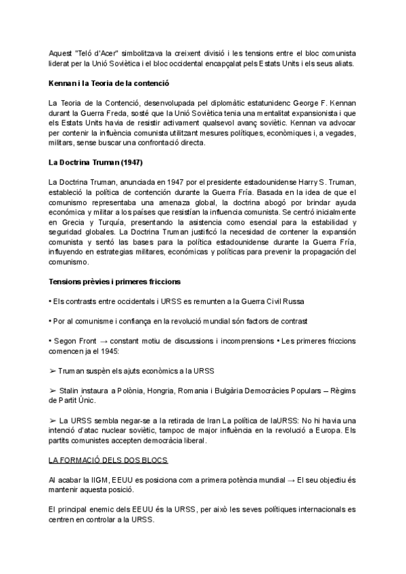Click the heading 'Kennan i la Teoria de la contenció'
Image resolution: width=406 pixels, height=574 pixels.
coord(109,83)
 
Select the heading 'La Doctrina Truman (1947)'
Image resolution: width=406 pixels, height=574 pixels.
coord(95,163)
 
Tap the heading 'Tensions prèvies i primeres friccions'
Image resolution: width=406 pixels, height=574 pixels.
coord(114,281)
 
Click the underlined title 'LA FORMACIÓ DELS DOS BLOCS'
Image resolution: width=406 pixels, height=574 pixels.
coord(108,460)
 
